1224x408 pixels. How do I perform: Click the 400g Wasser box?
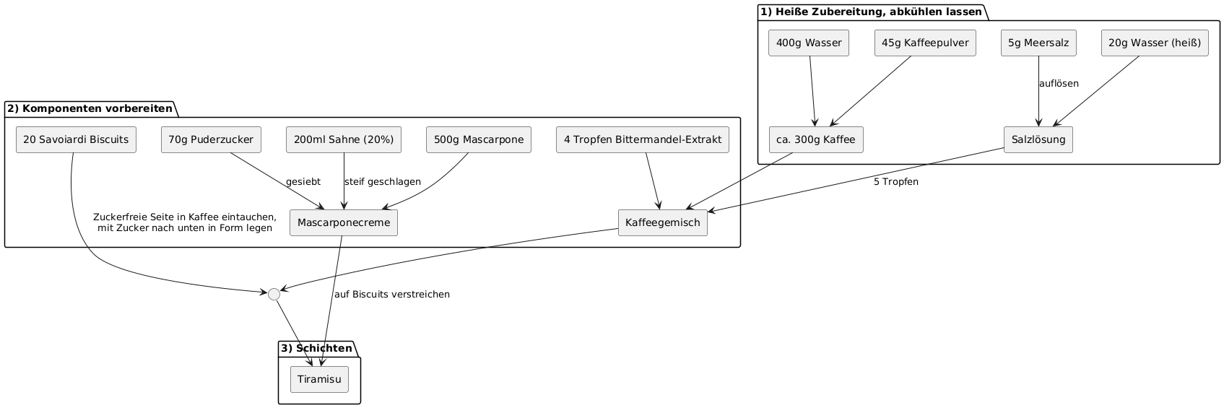point(809,43)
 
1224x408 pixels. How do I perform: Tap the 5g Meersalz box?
point(1038,43)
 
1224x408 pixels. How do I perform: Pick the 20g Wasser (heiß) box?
point(1155,43)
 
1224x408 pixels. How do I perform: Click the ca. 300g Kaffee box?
point(816,139)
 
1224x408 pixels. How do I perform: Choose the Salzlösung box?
point(1038,139)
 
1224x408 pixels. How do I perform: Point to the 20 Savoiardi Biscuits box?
point(76,139)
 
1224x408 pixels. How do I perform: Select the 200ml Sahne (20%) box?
point(344,139)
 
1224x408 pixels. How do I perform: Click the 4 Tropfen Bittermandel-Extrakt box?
point(643,139)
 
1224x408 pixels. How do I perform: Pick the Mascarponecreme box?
point(344,222)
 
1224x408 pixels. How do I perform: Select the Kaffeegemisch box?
point(663,222)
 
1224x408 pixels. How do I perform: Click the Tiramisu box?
point(319,380)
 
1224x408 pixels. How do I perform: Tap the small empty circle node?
point(274,294)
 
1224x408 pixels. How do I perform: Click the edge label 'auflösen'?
point(1059,84)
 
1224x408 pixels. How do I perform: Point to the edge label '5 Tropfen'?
point(896,182)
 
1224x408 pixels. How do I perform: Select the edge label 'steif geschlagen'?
point(383,182)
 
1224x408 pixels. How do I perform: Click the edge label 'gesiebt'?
point(303,182)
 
